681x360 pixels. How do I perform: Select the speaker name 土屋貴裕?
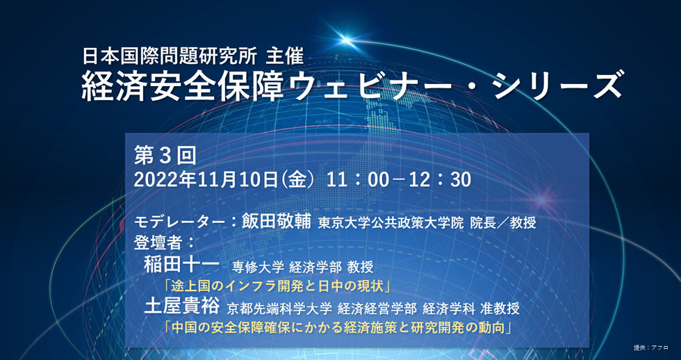click(182, 306)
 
